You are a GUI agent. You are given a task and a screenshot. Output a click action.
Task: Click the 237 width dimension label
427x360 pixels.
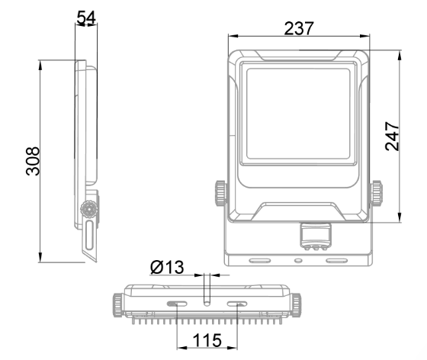[299, 28]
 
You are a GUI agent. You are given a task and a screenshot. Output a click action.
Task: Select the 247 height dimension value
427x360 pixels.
[392, 137]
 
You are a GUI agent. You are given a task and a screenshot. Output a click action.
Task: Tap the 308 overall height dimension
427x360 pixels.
[33, 161]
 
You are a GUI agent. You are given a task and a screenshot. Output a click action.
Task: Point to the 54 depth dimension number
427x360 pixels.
[86, 18]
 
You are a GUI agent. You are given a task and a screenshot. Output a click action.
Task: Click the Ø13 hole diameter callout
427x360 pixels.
[167, 267]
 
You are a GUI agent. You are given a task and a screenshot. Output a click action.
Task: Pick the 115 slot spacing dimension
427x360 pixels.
[207, 340]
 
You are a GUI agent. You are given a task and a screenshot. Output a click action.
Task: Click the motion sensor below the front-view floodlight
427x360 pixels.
[316, 236]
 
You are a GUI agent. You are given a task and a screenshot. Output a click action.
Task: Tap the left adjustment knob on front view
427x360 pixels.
[221, 193]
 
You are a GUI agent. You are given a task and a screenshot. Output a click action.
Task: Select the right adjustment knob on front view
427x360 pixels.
[377, 193]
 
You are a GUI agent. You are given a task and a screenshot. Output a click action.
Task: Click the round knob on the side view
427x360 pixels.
[89, 210]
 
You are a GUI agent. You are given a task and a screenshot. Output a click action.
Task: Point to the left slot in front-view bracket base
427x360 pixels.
[260, 261]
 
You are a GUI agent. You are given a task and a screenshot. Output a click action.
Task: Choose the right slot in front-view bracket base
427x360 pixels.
[337, 261]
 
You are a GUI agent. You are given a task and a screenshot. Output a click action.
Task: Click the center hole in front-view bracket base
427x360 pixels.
[298, 261]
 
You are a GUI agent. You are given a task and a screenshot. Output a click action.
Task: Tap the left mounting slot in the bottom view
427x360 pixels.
[177, 304]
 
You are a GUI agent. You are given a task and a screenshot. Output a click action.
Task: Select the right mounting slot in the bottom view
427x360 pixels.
[237, 304]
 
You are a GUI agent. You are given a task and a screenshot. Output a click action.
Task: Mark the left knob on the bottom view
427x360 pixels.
[117, 305]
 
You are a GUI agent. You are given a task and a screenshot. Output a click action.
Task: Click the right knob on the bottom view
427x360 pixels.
[297, 305]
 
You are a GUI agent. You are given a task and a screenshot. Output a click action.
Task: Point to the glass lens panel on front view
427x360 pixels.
[298, 114]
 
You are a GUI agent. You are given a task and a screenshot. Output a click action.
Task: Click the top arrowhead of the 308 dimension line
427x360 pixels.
[40, 66]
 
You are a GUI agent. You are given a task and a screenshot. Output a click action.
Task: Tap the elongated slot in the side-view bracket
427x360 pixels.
[89, 236]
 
